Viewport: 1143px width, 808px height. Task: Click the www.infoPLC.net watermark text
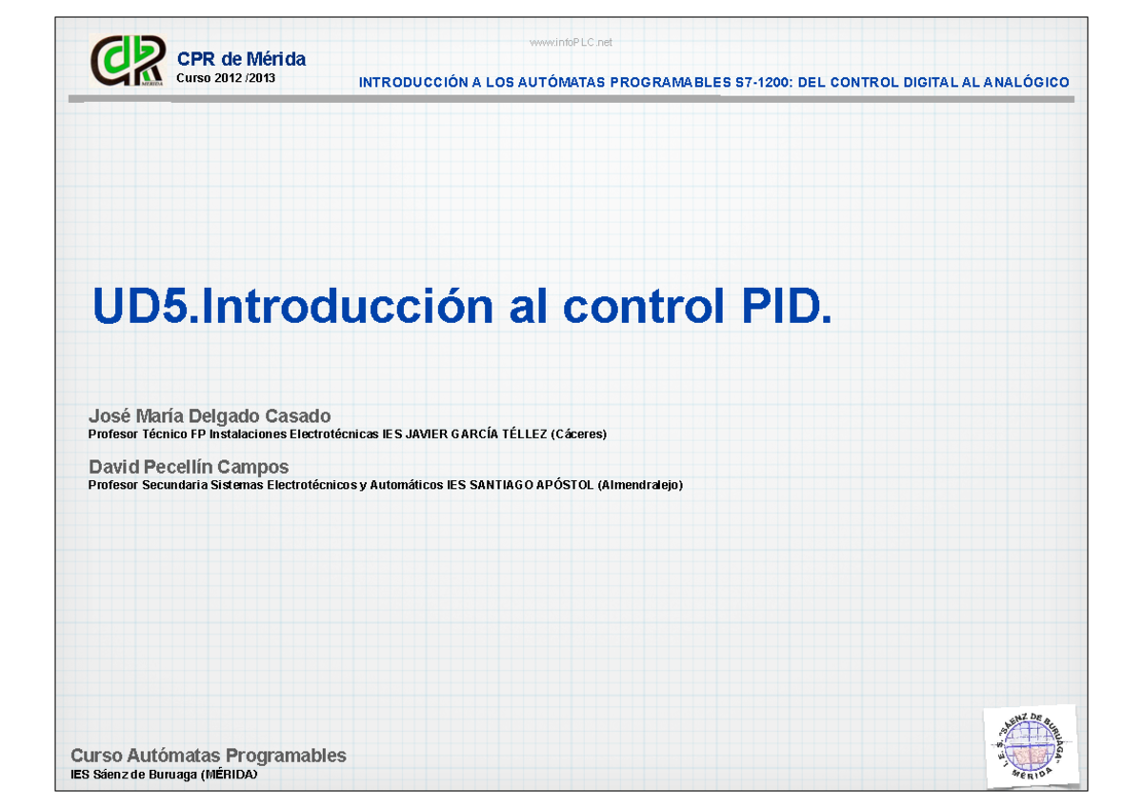coord(571,42)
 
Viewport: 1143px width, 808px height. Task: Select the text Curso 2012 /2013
coord(226,78)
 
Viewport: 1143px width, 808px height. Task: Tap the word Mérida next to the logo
coord(276,59)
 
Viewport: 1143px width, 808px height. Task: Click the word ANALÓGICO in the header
coord(1029,83)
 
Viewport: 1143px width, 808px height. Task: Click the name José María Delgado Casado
coord(210,416)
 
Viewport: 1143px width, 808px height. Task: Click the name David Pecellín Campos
coord(189,467)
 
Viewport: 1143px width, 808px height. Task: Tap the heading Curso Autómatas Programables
coord(209,756)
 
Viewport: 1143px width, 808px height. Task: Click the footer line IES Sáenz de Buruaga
coord(164,776)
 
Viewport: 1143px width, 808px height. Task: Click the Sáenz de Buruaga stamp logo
coord(1032,746)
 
